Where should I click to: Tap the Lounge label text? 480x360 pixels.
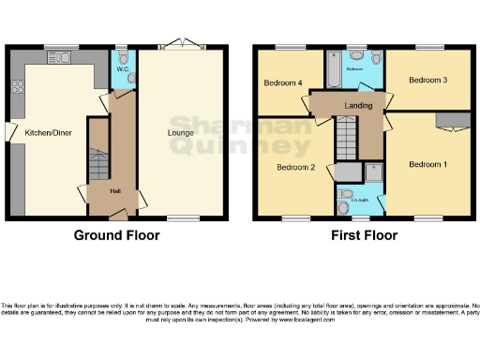click(x=180, y=132)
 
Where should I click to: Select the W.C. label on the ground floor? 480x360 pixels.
click(x=122, y=68)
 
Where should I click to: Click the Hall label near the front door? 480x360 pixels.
click(x=114, y=190)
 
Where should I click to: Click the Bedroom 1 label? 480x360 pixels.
click(x=427, y=164)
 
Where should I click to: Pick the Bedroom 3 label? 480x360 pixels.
click(x=427, y=81)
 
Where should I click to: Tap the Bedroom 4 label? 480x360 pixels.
click(x=283, y=83)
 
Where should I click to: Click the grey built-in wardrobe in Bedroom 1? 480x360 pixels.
click(x=452, y=119)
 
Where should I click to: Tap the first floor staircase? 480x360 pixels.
click(x=348, y=145)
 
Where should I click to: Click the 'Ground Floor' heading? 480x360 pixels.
click(x=116, y=235)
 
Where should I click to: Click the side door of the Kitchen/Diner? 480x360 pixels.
click(x=8, y=131)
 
